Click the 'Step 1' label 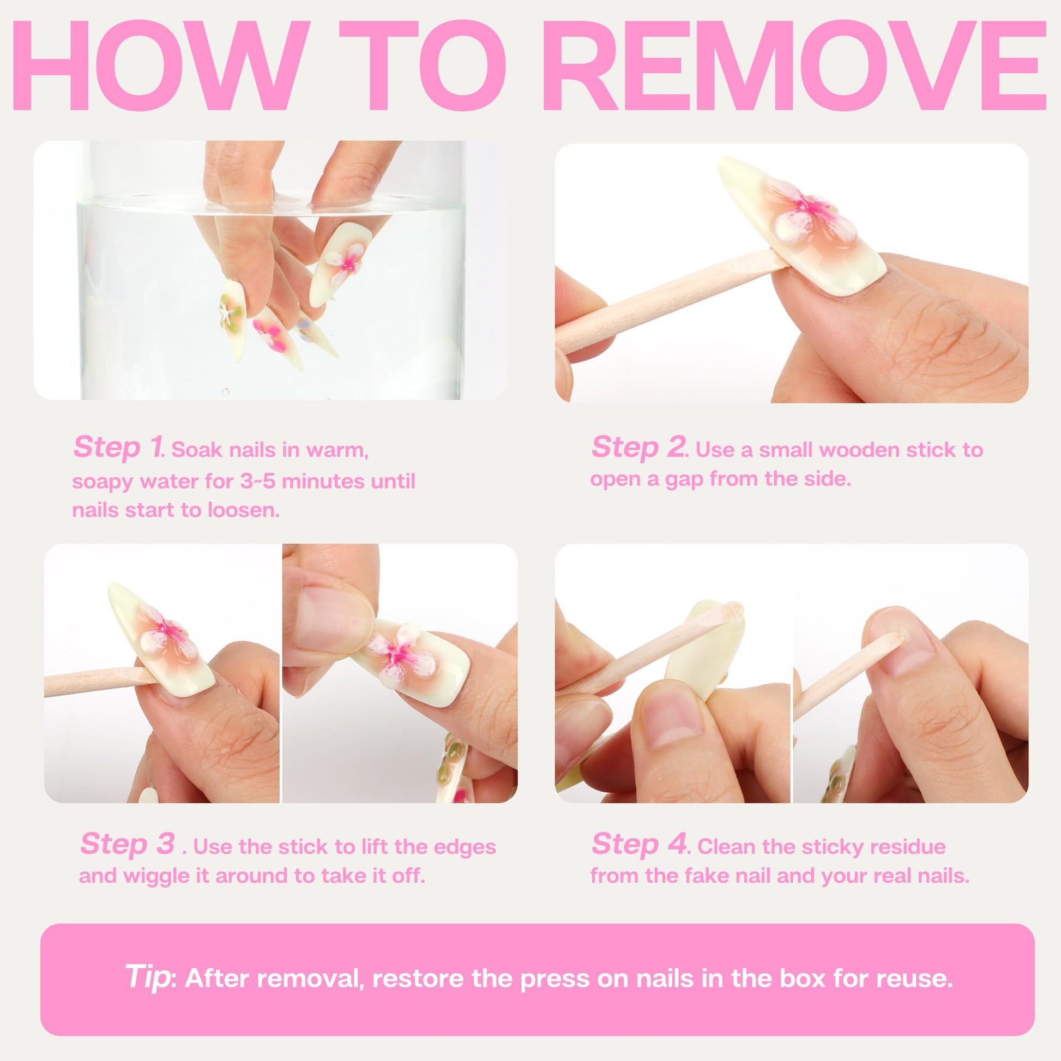(118, 447)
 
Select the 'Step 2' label (639, 447)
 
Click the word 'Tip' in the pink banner (147, 976)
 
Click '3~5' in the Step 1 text (257, 481)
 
